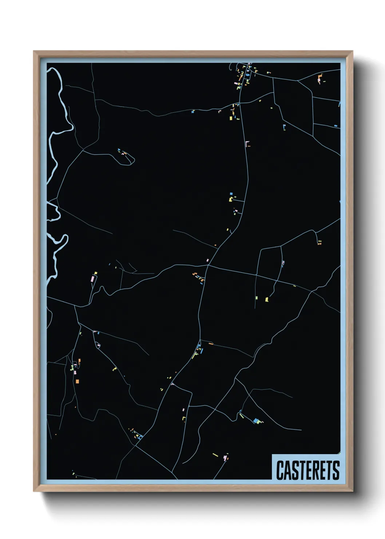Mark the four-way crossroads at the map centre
(x=208, y=265)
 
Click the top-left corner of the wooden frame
(x=34, y=52)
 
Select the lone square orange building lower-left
(x=77, y=381)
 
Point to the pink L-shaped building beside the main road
(x=247, y=143)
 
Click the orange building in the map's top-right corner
(x=320, y=77)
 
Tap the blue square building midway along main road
(x=231, y=194)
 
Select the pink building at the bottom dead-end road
(x=225, y=457)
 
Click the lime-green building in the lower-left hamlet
(x=72, y=368)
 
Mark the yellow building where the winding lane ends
(x=267, y=299)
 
